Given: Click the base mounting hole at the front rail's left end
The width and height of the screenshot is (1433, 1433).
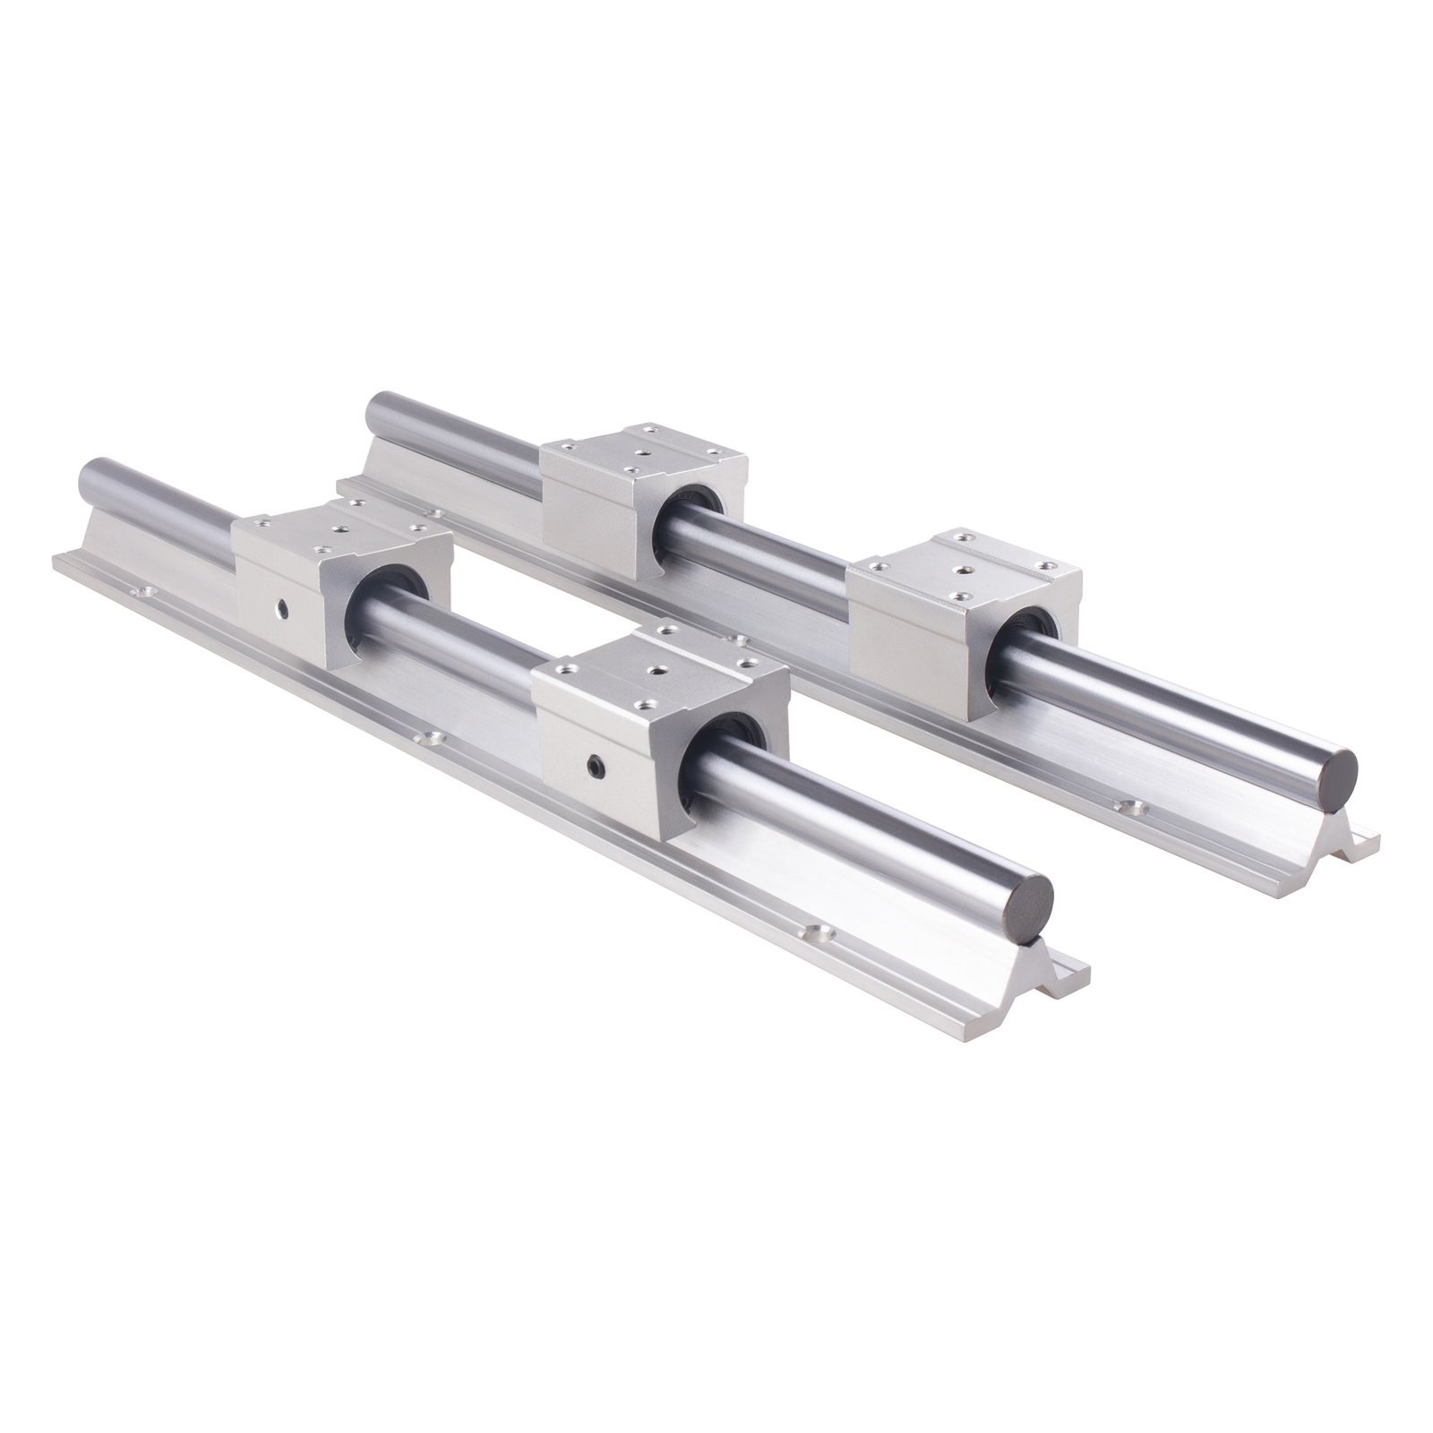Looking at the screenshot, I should [x=141, y=591].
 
